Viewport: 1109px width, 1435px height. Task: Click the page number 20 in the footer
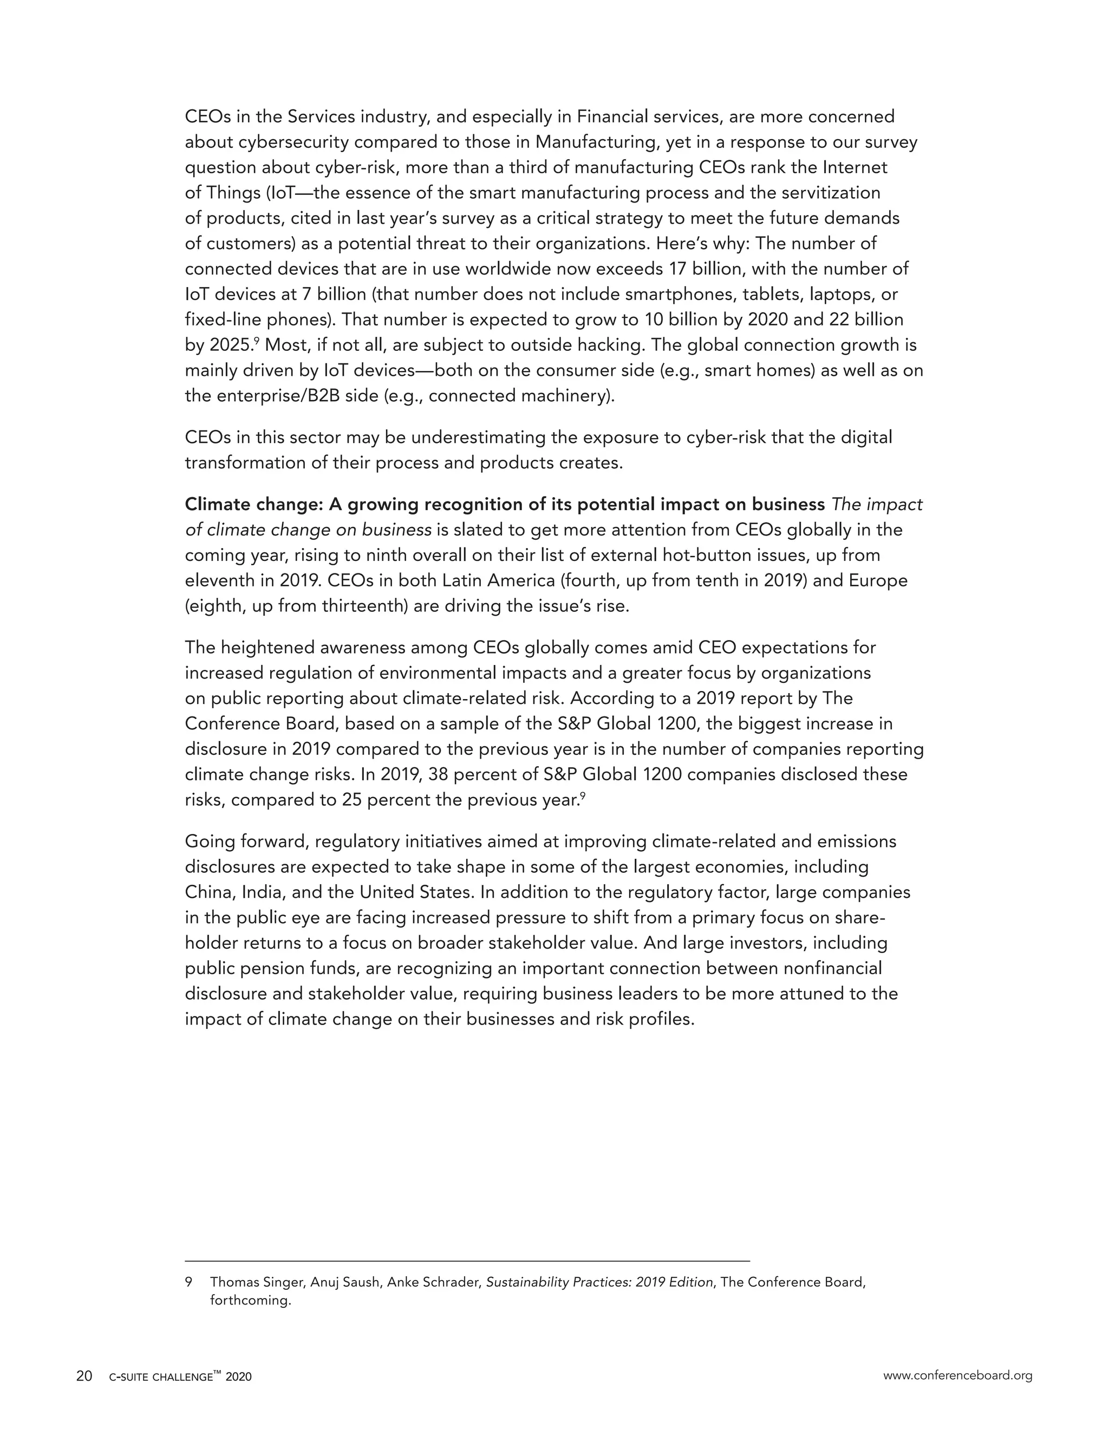(84, 1376)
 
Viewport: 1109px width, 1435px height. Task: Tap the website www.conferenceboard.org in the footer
(957, 1375)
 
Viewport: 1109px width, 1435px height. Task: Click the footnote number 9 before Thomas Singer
(188, 1282)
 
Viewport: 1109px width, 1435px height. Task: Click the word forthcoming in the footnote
(250, 1300)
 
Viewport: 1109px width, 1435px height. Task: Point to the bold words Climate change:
(253, 504)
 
